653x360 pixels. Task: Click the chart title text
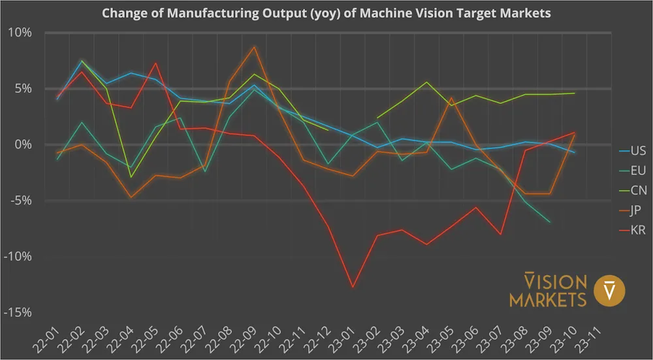[x=326, y=13]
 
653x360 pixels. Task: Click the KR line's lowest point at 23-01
[x=353, y=287]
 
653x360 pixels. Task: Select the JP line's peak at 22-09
[x=255, y=47]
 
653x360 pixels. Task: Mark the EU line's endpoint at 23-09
[x=550, y=222]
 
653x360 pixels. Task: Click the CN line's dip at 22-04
[x=131, y=177]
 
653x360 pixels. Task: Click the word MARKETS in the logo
[x=548, y=300]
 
